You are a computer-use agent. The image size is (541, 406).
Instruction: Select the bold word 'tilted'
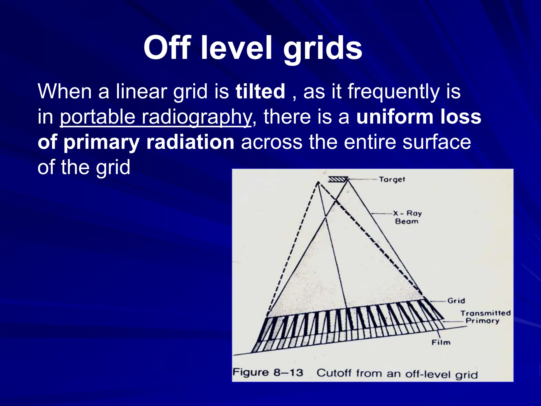tap(260, 91)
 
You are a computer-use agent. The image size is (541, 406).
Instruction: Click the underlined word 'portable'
tap(97, 117)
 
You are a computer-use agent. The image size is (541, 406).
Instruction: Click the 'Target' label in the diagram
tap(392, 179)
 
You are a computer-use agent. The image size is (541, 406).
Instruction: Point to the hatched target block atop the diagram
tap(337, 179)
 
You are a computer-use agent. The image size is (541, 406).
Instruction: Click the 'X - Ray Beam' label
tap(407, 217)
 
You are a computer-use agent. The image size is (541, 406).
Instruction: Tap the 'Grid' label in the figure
tap(456, 301)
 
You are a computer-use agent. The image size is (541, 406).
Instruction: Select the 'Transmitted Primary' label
tap(485, 317)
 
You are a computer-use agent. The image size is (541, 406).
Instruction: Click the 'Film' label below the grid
tap(441, 343)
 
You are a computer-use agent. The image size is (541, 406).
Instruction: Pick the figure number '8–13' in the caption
tap(288, 373)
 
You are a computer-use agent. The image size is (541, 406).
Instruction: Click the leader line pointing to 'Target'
tap(363, 179)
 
